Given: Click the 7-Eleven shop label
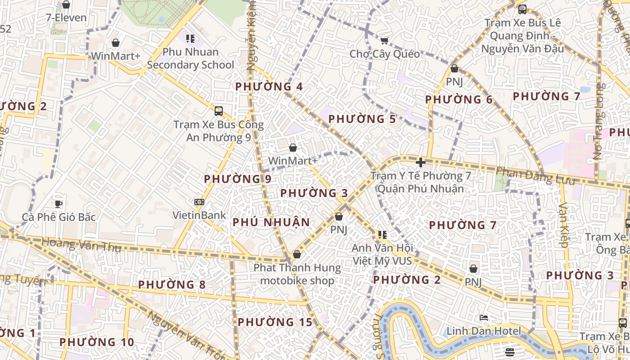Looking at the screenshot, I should tap(66, 18).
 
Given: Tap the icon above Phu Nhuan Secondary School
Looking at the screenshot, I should tap(190, 39).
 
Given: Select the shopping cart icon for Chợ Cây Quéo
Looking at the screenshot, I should tap(384, 41).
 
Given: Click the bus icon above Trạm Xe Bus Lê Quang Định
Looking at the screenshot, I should tap(522, 9).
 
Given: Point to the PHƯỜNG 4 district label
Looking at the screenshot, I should tap(269, 86).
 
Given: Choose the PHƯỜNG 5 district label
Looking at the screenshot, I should tap(362, 119).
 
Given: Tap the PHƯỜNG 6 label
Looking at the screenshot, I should tap(459, 99).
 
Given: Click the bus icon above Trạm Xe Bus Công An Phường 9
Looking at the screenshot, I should tap(219, 111).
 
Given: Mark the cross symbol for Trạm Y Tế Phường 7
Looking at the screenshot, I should tap(421, 162).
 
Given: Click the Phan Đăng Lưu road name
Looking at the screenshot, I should tap(535, 176).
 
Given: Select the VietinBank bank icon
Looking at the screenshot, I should tap(199, 202).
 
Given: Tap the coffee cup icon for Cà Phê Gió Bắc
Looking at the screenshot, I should tap(58, 204).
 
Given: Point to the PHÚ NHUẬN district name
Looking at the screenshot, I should tap(271, 222).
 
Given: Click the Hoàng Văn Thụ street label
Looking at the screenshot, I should tap(81, 245).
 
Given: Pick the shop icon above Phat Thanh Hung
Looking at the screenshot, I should tap(297, 255).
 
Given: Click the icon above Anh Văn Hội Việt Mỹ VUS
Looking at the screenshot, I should tap(382, 234).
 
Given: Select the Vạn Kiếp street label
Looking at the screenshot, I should tap(563, 225).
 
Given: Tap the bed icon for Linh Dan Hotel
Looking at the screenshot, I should tap(484, 318).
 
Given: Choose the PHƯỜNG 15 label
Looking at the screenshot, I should tap(275, 322).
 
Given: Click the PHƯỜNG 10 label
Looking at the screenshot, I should tap(97, 342).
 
